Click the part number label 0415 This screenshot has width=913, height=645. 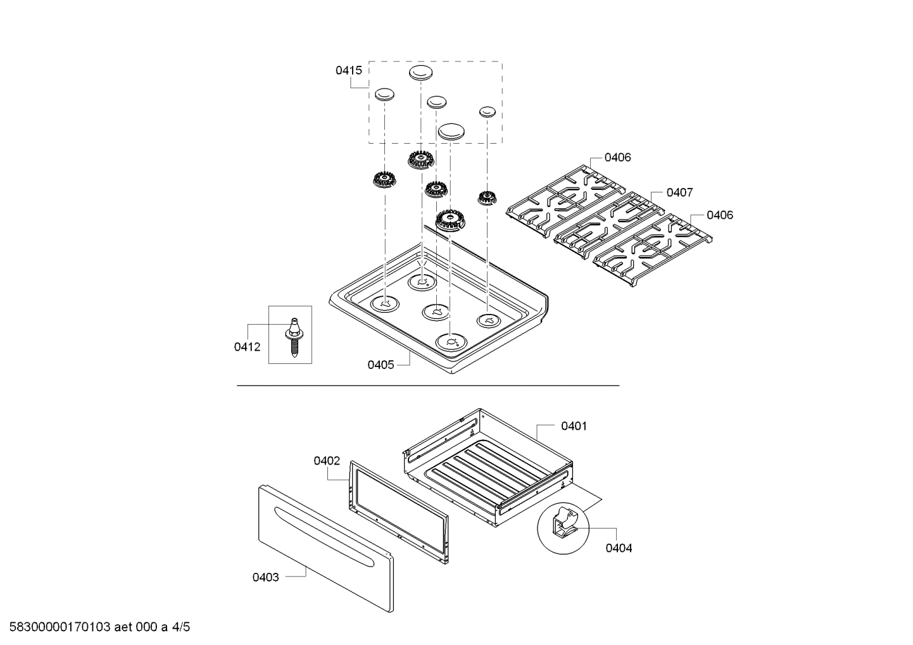coord(348,70)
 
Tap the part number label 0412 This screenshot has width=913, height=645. coord(247,347)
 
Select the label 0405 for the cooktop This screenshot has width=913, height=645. coord(381,365)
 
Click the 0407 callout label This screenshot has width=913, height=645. coord(679,192)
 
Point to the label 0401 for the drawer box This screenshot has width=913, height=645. coord(574,426)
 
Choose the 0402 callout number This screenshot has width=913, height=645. coord(327,461)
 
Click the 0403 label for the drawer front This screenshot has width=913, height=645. coord(265,577)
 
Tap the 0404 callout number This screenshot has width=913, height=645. coord(619,548)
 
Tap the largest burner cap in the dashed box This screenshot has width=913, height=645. coord(451,131)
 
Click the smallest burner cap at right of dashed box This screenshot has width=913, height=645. coord(486,111)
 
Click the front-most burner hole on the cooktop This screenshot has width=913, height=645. coord(451,342)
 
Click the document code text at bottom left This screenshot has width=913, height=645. coord(96,628)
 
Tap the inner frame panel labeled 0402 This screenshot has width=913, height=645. coord(398,510)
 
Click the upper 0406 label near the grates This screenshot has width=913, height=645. coord(617,158)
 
